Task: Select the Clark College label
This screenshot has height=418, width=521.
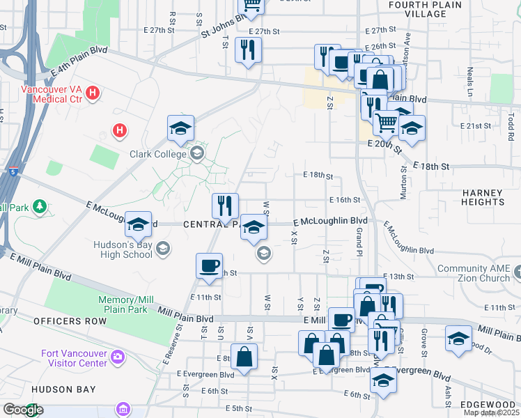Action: point(157,154)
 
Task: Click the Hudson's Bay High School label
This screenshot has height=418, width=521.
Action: point(123,249)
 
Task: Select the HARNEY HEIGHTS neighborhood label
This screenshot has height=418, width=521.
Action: point(481,197)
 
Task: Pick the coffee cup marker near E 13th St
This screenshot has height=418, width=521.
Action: point(209,265)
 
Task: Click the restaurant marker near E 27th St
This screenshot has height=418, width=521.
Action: point(248,49)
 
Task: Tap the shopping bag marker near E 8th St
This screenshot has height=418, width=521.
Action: point(244,356)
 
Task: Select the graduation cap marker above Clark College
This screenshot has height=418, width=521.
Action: point(180,128)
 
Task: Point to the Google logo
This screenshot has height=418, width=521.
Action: point(23,410)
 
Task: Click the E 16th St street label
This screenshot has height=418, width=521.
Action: point(343,200)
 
